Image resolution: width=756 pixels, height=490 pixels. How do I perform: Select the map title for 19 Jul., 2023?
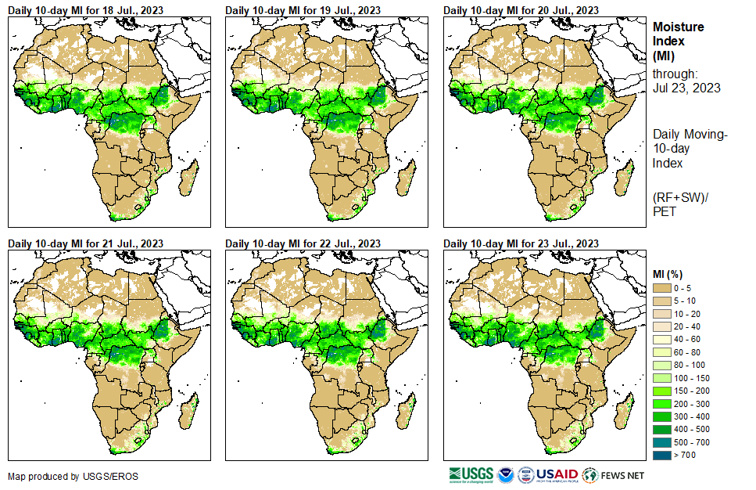tap(303, 10)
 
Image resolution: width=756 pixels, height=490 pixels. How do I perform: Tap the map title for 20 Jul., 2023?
tap(521, 10)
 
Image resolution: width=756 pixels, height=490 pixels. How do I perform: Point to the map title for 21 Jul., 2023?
tap(85, 243)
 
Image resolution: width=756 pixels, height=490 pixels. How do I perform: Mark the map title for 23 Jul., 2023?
tap(521, 243)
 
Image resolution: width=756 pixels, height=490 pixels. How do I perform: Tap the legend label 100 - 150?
tap(692, 378)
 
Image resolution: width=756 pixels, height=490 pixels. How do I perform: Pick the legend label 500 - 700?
tap(692, 442)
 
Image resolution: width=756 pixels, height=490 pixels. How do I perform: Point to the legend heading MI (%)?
tap(669, 273)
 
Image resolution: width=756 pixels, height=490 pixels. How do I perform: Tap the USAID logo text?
tap(556, 474)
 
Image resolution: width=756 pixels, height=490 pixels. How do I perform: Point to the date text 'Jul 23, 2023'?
tap(686, 88)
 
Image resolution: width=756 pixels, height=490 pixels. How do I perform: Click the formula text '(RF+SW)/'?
tap(678, 196)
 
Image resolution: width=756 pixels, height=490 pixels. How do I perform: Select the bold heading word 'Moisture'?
tap(678, 27)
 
